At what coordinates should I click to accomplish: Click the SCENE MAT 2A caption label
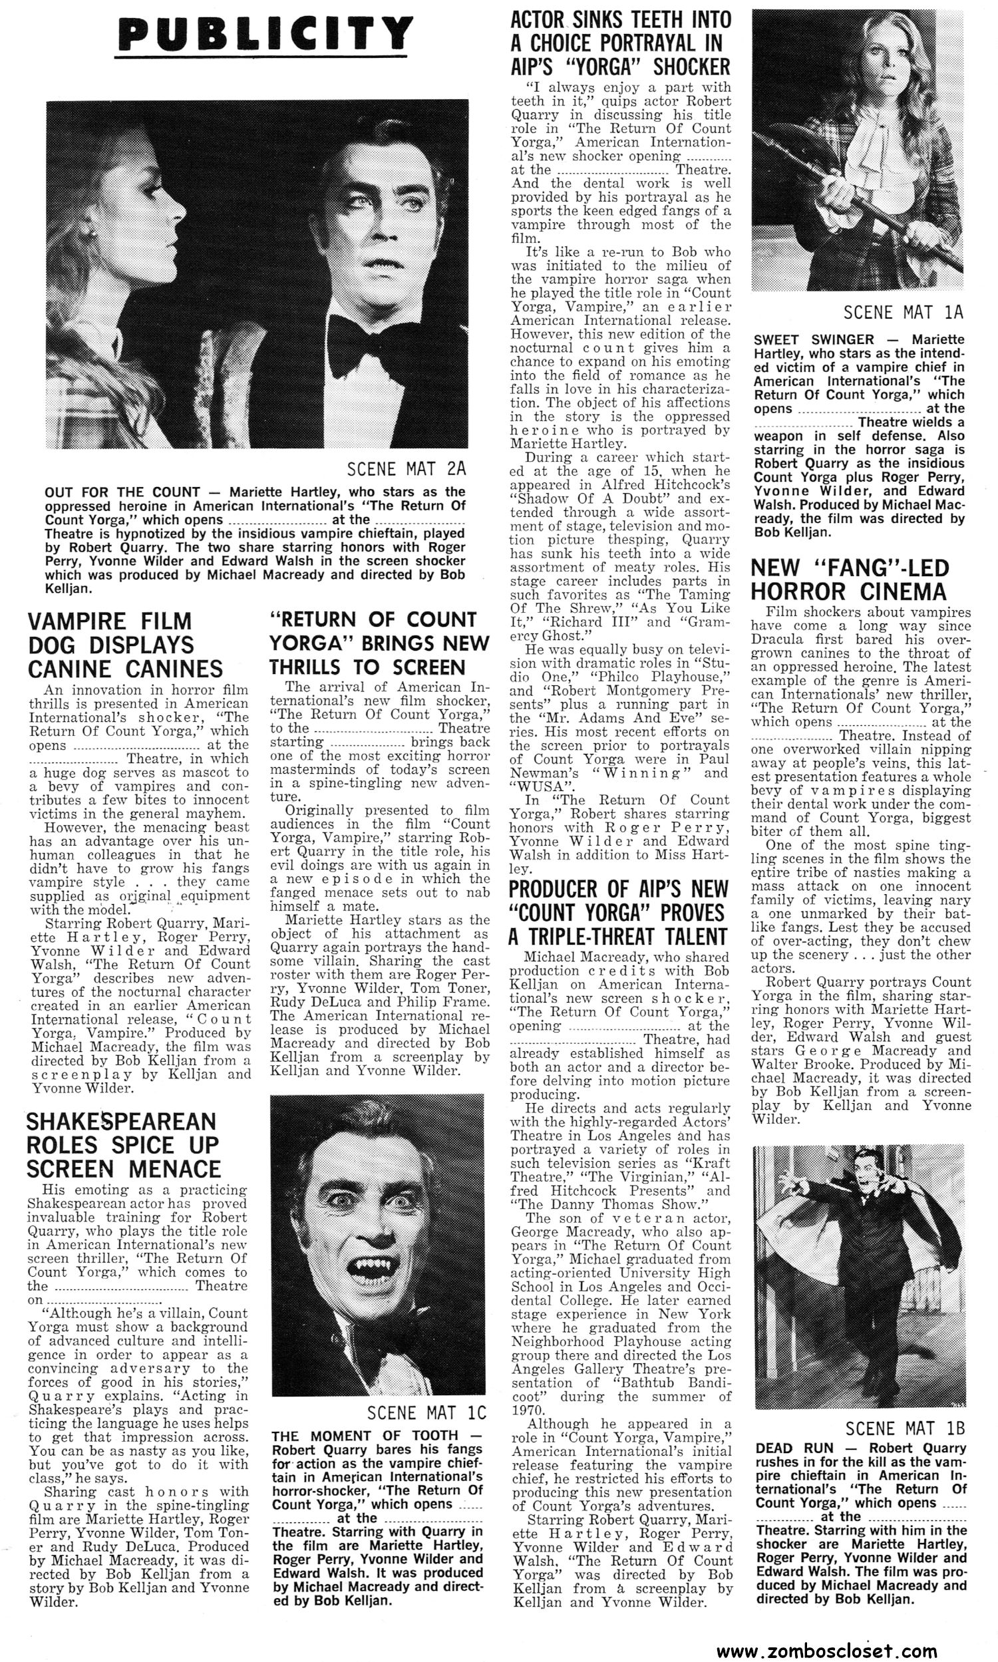click(x=407, y=468)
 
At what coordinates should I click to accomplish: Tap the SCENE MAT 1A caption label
click(x=903, y=313)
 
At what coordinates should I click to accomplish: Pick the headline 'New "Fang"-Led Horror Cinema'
click(x=850, y=580)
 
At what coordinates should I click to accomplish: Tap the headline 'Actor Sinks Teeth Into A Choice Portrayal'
click(x=620, y=44)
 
